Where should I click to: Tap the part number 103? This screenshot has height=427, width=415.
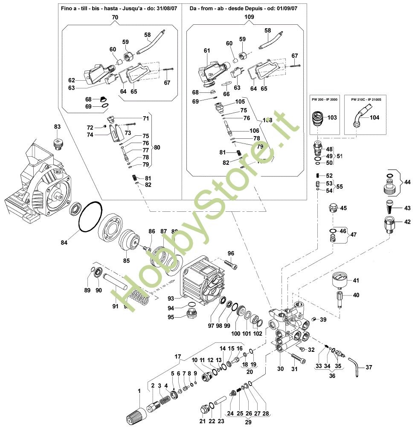(332, 117)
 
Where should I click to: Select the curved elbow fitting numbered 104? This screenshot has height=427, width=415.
(359, 118)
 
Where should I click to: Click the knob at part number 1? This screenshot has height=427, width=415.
(134, 413)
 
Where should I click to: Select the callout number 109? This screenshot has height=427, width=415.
(250, 17)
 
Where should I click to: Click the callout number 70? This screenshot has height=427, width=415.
(115, 17)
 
